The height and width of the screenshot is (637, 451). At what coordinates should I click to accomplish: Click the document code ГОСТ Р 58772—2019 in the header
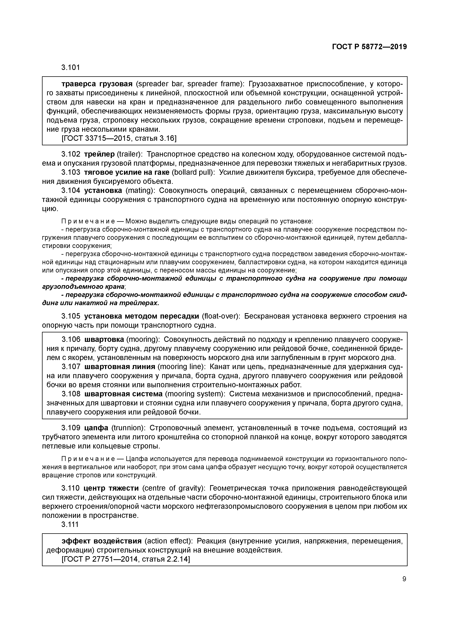click(369, 47)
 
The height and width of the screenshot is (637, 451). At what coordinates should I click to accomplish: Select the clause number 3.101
click(71, 67)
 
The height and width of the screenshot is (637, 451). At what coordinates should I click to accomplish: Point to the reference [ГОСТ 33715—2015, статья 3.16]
click(119, 138)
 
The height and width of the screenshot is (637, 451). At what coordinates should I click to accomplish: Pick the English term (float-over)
click(221, 316)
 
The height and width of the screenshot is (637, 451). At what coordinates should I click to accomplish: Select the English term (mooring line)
click(182, 367)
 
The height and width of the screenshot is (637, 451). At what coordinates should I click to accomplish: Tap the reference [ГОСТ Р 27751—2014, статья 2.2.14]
click(126, 559)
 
